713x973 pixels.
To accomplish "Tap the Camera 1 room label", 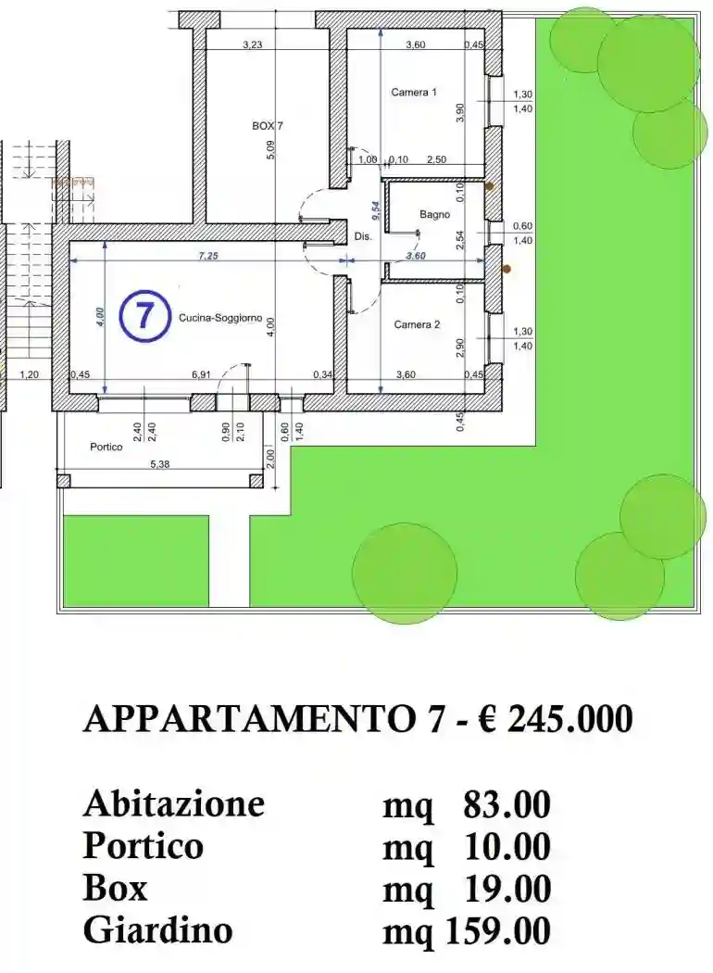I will tap(414, 93).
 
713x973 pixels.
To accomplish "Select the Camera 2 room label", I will tap(416, 324).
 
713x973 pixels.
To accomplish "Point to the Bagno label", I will tap(434, 215).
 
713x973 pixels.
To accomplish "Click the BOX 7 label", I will tap(267, 125).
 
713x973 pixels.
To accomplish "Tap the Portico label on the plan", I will tap(106, 447).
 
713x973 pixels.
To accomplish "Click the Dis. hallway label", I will tap(363, 237).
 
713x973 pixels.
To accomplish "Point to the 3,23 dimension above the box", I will tap(252, 44).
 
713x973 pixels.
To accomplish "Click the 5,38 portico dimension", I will tap(161, 464).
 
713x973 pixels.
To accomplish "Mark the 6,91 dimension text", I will tap(201, 374).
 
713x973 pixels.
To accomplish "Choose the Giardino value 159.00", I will tap(498, 929).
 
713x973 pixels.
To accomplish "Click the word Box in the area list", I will tap(115, 888).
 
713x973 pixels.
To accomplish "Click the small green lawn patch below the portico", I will tap(135, 562).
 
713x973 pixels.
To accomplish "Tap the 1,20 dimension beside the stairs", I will tap(31, 374).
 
